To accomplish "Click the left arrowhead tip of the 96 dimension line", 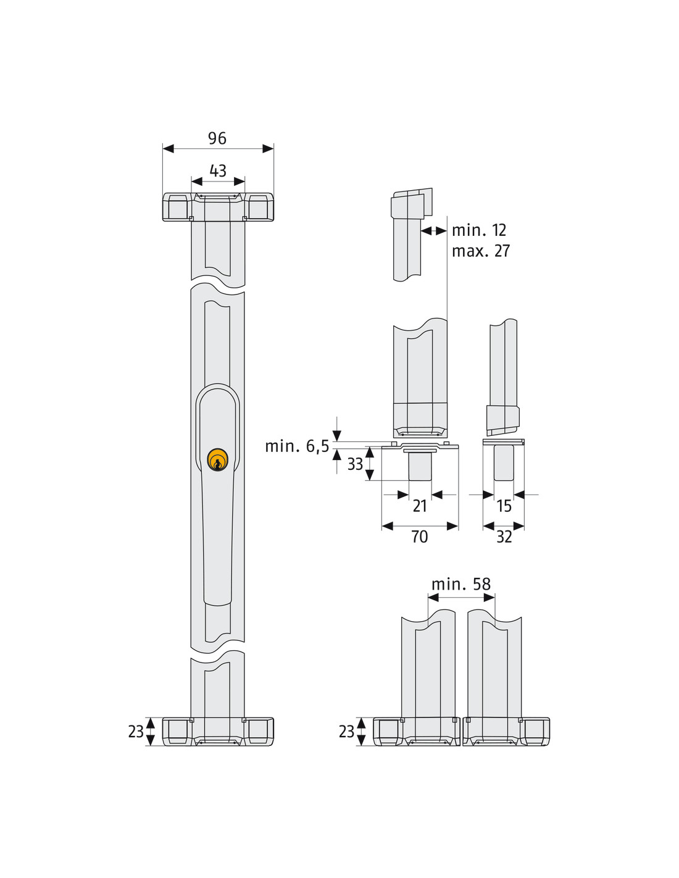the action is (163, 149).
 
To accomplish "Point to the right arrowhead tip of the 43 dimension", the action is (245, 181).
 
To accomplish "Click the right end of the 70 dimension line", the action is (458, 526).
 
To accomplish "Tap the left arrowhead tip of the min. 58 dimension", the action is (428, 598).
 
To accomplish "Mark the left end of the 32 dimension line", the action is (483, 526).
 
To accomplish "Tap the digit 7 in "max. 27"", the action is (506, 251).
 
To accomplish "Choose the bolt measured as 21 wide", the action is (420, 466).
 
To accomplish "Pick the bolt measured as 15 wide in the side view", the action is (504, 463).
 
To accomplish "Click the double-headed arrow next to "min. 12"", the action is (434, 231).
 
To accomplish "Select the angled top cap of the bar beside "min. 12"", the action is (411, 203).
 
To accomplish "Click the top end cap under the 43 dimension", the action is (218, 207).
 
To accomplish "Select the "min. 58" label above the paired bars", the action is (461, 584).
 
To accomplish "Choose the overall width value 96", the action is (217, 138).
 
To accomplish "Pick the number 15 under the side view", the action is (504, 506).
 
